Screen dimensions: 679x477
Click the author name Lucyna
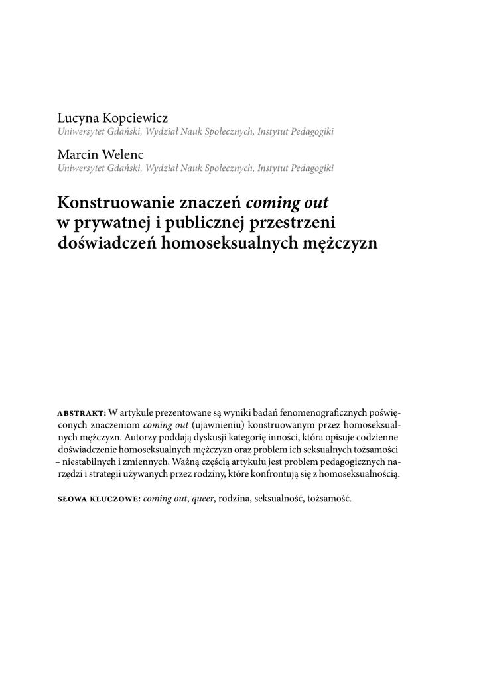79,119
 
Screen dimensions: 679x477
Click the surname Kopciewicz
135,119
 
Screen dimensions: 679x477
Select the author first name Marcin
78,155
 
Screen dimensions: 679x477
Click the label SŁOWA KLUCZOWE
99,498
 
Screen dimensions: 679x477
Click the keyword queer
203,498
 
